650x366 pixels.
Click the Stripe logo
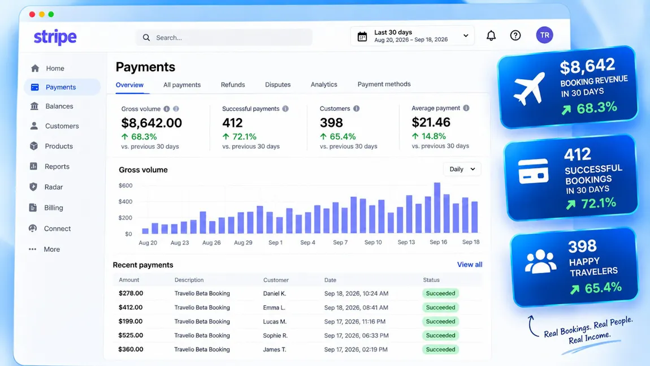click(x=55, y=37)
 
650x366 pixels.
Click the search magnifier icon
click(x=146, y=38)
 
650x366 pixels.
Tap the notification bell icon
click(x=491, y=36)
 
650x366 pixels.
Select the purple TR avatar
click(x=544, y=35)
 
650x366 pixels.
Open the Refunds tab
click(x=232, y=85)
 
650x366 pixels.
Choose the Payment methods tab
click(x=384, y=84)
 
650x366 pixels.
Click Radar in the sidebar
click(x=54, y=187)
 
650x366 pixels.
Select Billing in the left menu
click(x=54, y=208)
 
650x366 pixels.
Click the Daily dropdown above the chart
click(x=462, y=169)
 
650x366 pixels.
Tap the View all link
click(x=469, y=264)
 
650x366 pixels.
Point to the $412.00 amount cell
click(x=131, y=308)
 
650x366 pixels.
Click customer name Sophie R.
click(x=275, y=335)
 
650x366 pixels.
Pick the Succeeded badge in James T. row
click(x=440, y=350)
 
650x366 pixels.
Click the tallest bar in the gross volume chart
click(x=437, y=208)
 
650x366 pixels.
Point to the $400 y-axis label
click(x=125, y=202)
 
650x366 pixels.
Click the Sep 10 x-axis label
click(x=373, y=242)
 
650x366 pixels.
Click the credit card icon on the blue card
click(x=534, y=171)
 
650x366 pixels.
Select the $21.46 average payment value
click(x=431, y=122)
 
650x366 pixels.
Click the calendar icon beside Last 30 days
click(x=362, y=37)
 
